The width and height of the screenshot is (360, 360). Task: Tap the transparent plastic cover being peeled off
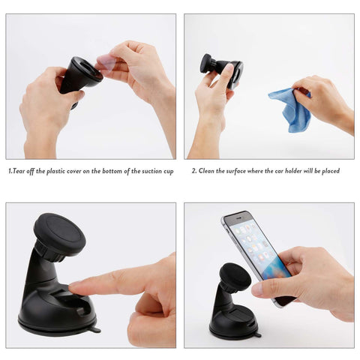107,63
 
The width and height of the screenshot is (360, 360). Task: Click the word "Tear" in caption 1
19,171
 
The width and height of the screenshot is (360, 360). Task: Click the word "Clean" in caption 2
206,171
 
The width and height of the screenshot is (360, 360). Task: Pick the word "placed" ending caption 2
331,171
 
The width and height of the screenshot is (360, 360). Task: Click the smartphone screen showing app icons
260,250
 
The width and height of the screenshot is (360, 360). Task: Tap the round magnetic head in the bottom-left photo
59,235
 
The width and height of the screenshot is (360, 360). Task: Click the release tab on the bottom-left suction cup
94,330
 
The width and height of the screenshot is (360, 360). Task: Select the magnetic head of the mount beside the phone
235,277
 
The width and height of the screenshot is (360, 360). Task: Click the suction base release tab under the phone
256,334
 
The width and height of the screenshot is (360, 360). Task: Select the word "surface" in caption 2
236,171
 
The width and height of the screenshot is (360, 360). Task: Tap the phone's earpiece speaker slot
238,217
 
